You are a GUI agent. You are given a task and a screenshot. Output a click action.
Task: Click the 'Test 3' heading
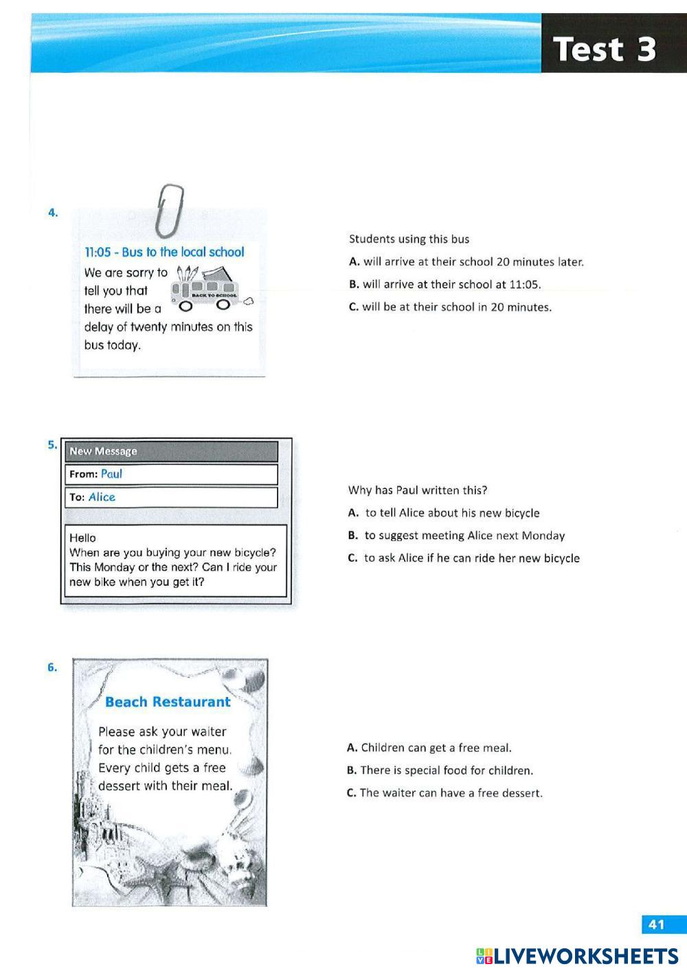(605, 49)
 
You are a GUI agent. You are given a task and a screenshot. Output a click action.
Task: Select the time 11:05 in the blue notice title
(98, 252)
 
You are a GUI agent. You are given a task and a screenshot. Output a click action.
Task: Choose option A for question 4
(466, 262)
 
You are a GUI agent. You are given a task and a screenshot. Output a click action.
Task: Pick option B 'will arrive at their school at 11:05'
(444, 284)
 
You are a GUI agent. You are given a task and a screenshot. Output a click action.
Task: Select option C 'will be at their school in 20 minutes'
(450, 307)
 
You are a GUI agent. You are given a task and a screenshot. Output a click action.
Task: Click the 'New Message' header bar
(171, 451)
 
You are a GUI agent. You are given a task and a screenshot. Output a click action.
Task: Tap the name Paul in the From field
(111, 474)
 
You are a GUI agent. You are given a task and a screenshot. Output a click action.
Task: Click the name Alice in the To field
(102, 497)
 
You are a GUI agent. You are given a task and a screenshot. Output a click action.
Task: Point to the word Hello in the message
(82, 538)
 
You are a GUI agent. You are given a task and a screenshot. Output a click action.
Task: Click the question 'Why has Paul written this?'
(418, 490)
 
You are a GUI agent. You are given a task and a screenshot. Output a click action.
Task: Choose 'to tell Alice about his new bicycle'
(444, 513)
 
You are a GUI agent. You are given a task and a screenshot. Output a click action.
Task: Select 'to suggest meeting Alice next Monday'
(457, 536)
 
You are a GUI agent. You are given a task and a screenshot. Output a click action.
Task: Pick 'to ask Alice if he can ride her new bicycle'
(464, 558)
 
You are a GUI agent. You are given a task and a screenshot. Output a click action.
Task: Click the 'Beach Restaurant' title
(168, 702)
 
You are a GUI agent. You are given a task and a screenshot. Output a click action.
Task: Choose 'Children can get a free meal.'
(429, 748)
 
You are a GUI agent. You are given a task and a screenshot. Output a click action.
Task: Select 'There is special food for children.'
(440, 770)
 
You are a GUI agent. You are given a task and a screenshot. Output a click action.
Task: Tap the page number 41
(657, 924)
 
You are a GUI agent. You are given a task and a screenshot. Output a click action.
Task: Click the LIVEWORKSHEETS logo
(577, 957)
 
